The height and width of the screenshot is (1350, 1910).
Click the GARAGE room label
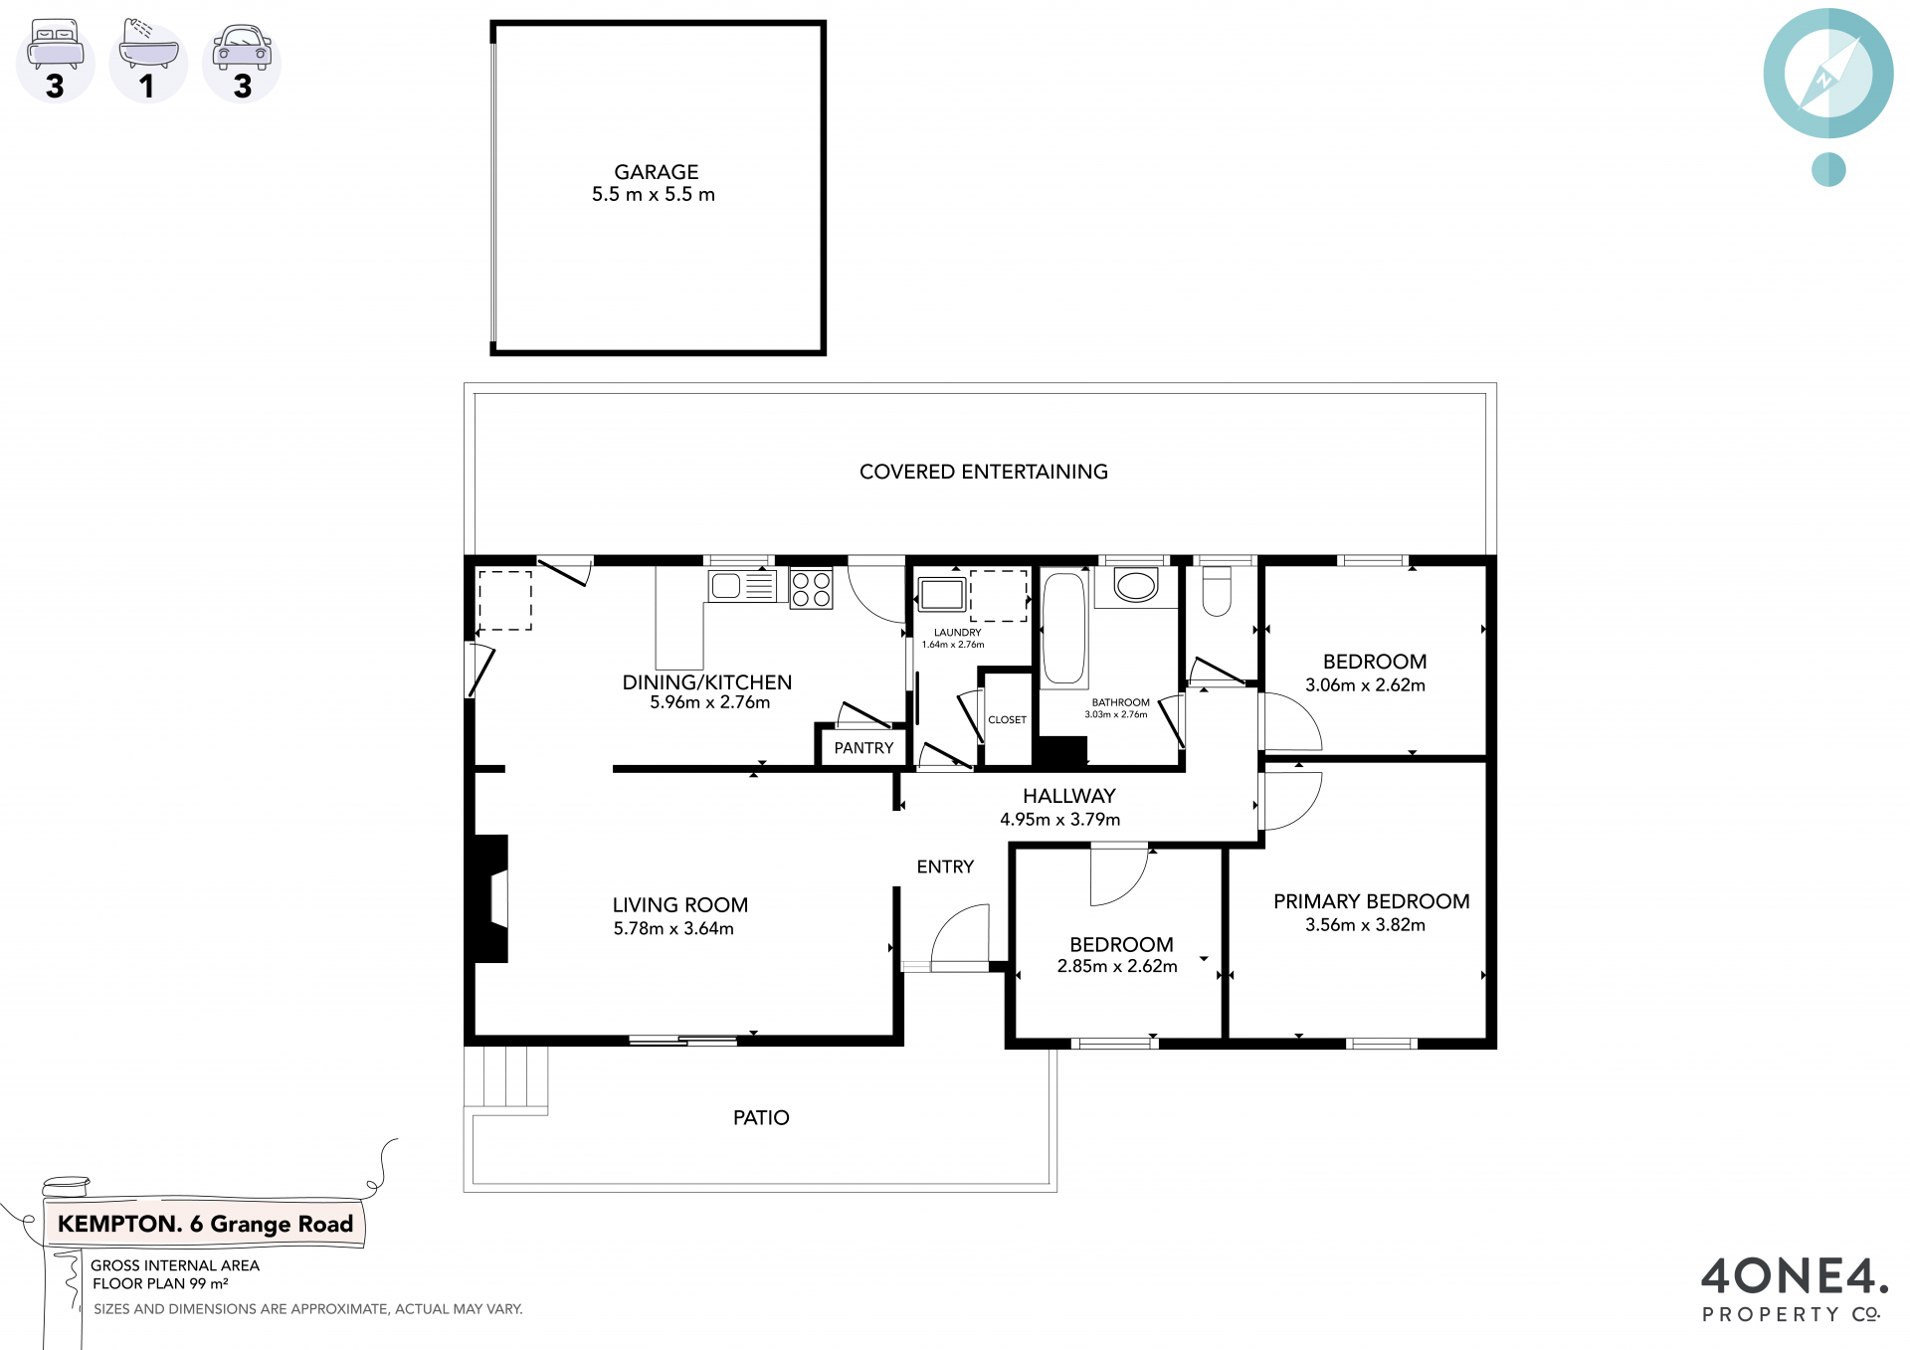tap(656, 172)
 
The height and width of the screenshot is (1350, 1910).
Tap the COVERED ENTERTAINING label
tap(984, 472)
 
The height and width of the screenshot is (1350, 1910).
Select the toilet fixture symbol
tap(1217, 591)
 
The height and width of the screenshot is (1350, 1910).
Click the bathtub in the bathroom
tap(1064, 628)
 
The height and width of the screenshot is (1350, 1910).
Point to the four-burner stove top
tap(811, 588)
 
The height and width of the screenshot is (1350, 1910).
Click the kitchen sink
tap(742, 586)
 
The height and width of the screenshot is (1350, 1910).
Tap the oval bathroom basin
tap(1135, 585)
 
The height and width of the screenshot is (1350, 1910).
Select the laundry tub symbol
tap(941, 594)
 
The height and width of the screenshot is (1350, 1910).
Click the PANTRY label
tap(863, 748)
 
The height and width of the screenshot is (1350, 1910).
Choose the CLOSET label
tap(1007, 719)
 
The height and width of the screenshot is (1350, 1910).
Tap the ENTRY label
tap(945, 867)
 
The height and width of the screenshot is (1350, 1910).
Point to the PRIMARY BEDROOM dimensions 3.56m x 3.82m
tap(1365, 925)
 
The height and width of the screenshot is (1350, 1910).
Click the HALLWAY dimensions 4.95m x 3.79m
tap(1059, 820)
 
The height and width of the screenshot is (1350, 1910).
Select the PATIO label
tap(761, 1118)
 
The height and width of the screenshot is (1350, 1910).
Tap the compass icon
tap(1828, 74)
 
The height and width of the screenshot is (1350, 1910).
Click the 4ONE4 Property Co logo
tap(1795, 1288)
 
